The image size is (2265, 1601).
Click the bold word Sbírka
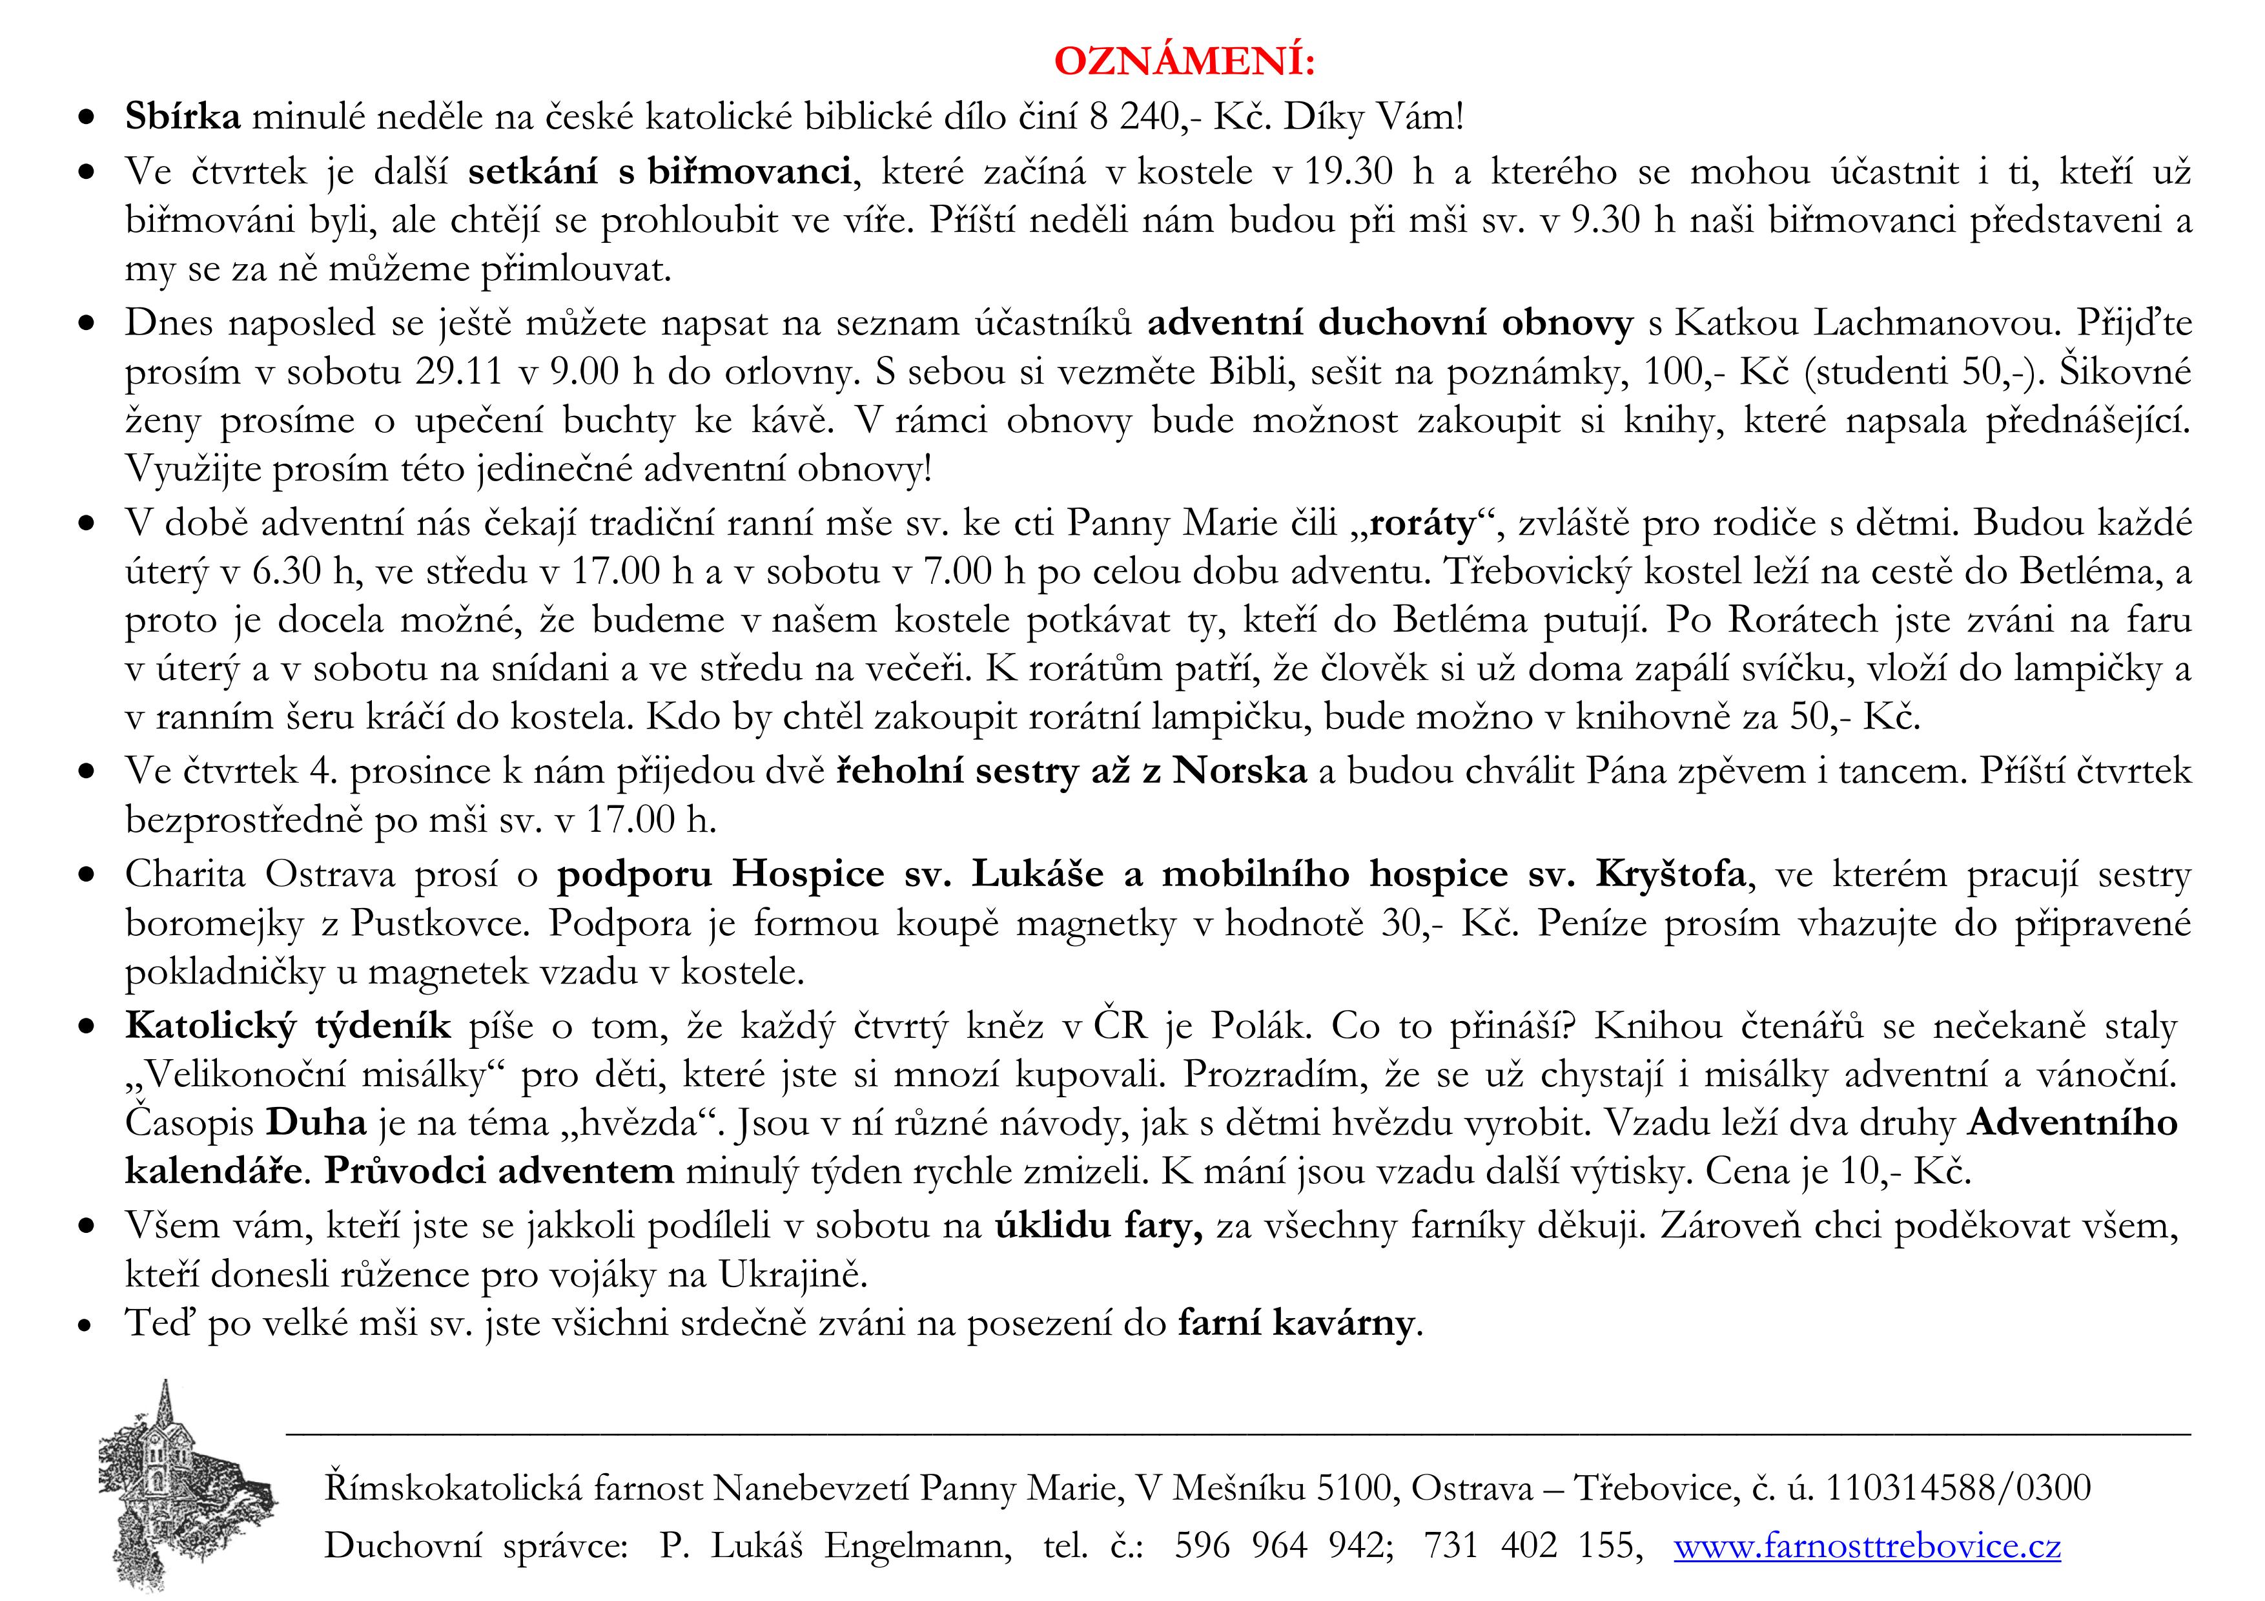coord(183,116)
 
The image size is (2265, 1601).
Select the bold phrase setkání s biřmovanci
coord(659,172)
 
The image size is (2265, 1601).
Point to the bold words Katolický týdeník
coord(288,1026)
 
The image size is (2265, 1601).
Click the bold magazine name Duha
coord(316,1122)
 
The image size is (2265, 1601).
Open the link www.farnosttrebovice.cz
coord(1867,1545)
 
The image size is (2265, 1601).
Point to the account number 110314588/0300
coord(1958,1487)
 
